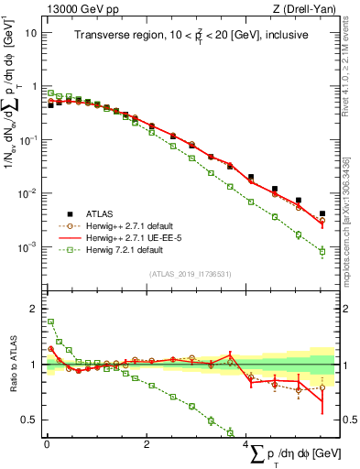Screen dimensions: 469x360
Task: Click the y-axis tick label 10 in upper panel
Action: coord(31,32)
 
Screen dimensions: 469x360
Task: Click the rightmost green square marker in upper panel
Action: coord(322,252)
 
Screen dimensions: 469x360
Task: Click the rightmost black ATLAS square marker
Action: coord(322,213)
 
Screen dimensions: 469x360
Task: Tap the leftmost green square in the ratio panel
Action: coord(51,322)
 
